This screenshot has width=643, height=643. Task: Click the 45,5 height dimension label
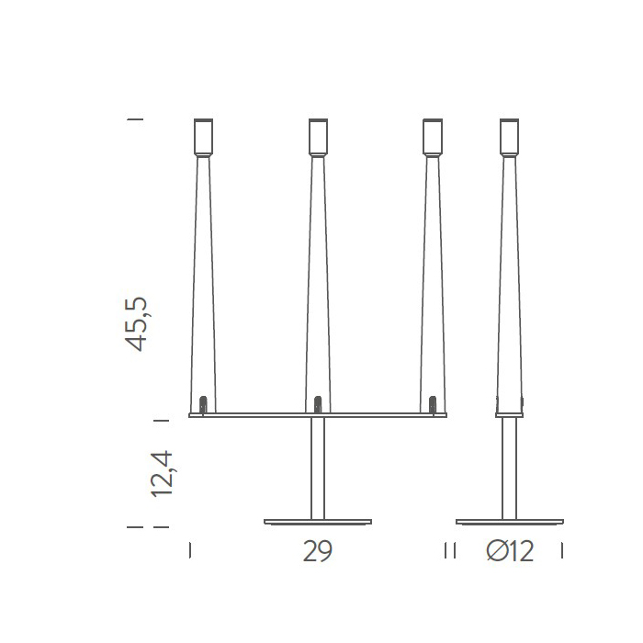point(136,324)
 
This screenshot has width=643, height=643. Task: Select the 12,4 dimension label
point(162,474)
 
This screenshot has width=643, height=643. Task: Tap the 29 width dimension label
point(318,551)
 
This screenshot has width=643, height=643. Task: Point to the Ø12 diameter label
point(510,551)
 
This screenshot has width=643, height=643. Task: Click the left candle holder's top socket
point(203,137)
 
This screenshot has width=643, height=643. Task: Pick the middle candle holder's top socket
point(318,137)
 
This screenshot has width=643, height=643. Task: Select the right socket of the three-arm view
point(433,137)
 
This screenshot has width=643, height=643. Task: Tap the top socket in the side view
point(509,137)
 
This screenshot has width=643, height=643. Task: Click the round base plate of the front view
point(318,522)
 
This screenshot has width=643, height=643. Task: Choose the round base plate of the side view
point(510,522)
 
